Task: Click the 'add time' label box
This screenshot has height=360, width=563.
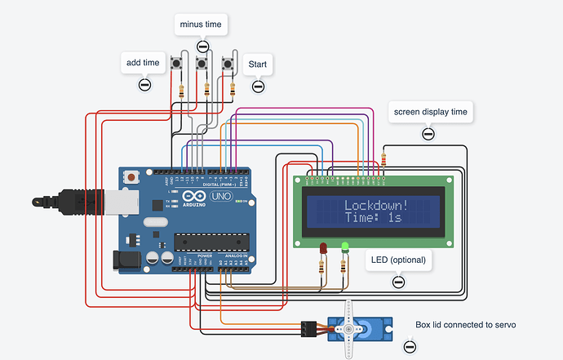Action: click(x=144, y=62)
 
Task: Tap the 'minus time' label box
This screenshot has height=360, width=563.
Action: click(x=202, y=24)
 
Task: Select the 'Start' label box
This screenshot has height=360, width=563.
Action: click(x=258, y=64)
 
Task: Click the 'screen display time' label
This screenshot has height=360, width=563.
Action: click(x=430, y=112)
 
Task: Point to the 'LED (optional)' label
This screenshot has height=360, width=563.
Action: click(x=397, y=260)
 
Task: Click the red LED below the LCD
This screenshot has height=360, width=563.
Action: click(x=323, y=247)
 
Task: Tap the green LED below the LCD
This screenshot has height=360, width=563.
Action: click(x=345, y=246)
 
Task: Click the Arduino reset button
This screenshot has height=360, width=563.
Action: click(x=131, y=176)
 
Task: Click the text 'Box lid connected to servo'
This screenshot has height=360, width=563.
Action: click(x=465, y=325)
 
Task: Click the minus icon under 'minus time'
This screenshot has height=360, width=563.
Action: click(x=202, y=47)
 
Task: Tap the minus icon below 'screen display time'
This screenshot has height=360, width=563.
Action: click(x=428, y=134)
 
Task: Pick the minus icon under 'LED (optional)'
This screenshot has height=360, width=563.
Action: click(x=398, y=282)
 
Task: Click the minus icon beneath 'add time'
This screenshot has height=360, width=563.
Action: click(x=144, y=84)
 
